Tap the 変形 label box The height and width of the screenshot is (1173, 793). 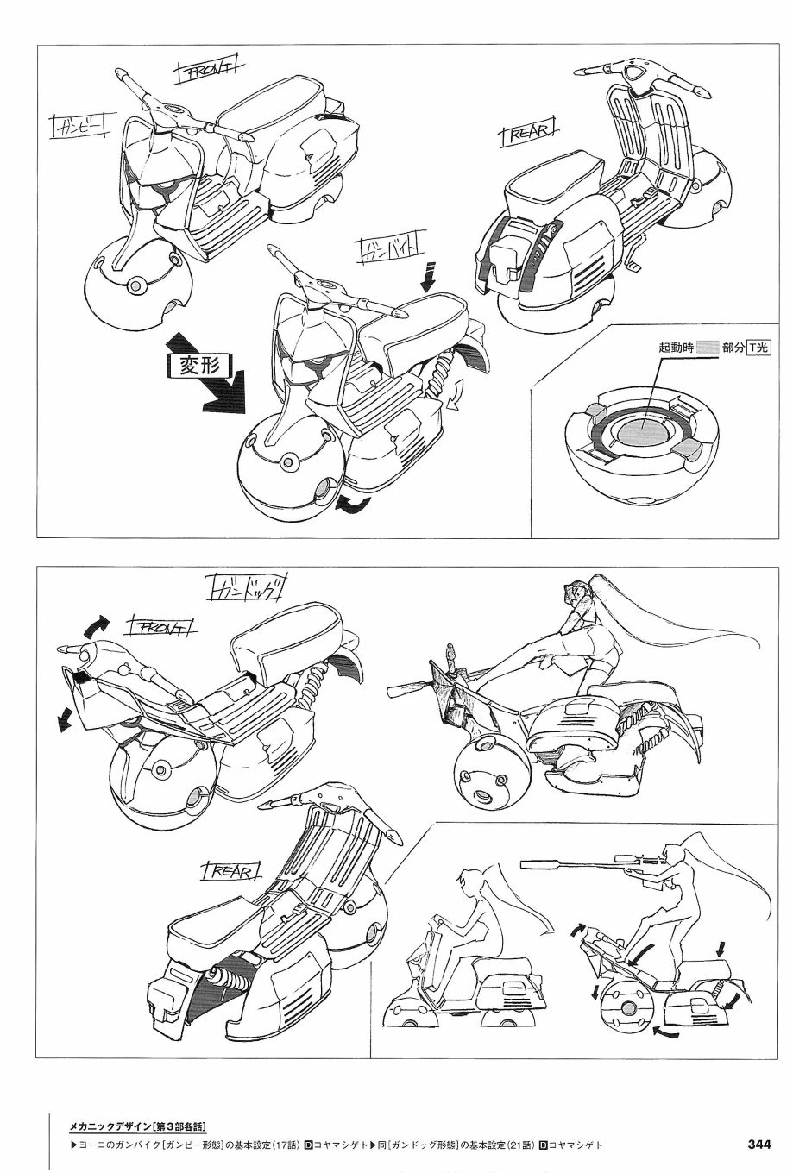tap(200, 364)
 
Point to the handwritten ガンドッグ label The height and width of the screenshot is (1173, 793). tap(247, 590)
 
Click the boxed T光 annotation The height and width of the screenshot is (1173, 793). tap(759, 347)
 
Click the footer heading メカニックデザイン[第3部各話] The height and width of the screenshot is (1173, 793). tap(137, 1126)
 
